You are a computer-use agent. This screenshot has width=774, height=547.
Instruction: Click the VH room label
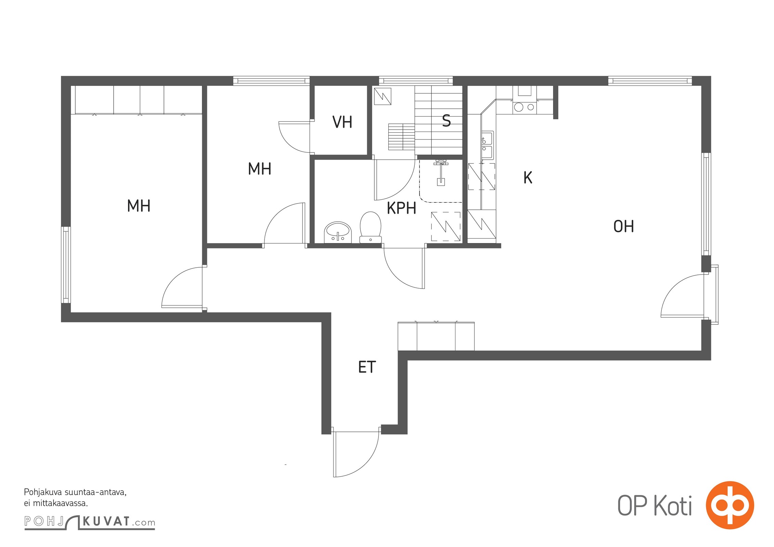click(342, 122)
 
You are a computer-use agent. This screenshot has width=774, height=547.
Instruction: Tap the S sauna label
click(446, 121)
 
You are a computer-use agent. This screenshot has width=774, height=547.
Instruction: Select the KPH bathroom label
click(401, 208)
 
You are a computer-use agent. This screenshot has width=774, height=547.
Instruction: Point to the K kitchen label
click(528, 177)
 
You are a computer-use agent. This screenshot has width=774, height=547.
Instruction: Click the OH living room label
click(623, 226)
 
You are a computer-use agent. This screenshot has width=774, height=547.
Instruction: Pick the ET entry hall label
click(367, 367)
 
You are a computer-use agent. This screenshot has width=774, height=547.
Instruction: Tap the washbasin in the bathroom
click(338, 232)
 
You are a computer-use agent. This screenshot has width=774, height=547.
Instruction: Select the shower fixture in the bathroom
click(440, 173)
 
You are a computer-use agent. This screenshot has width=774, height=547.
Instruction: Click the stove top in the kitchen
click(525, 107)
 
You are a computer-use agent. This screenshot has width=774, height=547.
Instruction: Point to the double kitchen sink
click(487, 146)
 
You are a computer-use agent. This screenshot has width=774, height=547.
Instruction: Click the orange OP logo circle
click(730, 505)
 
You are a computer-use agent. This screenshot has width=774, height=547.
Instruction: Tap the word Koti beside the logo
click(673, 507)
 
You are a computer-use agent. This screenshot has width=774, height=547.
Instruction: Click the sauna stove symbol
click(383, 96)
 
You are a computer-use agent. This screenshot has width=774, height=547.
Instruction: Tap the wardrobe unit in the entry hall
click(436, 336)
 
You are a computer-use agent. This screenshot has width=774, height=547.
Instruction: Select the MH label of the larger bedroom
click(139, 206)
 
